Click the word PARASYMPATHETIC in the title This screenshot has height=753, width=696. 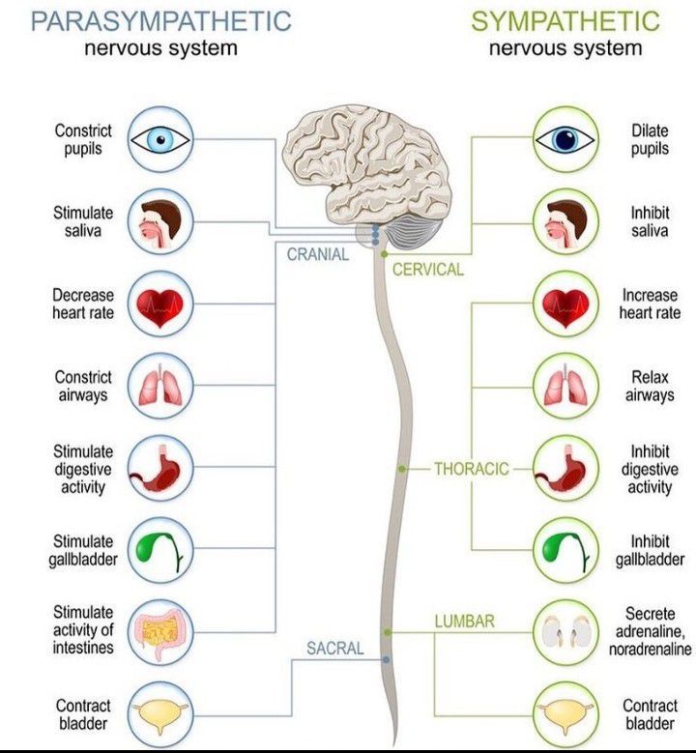click(x=159, y=20)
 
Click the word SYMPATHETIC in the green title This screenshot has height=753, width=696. click(x=565, y=20)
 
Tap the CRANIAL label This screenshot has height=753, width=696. click(x=318, y=254)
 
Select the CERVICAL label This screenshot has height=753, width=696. click(x=428, y=270)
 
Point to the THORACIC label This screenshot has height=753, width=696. click(x=471, y=469)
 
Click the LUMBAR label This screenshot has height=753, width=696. click(x=464, y=622)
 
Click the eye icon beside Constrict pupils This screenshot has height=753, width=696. click(x=160, y=140)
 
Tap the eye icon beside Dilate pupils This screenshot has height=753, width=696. click(x=565, y=140)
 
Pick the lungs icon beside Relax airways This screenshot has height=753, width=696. click(x=565, y=387)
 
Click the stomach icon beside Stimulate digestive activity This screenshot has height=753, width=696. click(x=160, y=469)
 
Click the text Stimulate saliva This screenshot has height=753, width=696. click(x=83, y=221)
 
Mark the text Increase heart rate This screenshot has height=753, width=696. click(x=651, y=304)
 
